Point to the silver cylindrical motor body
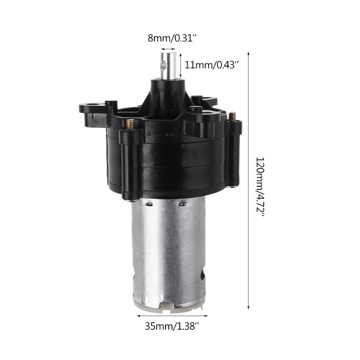(x=167, y=252)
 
